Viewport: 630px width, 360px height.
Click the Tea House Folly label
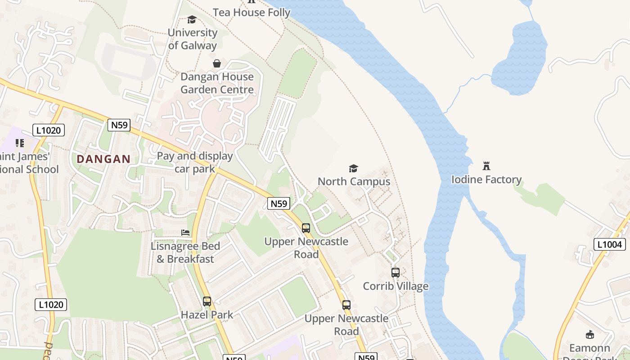pyautogui.click(x=252, y=13)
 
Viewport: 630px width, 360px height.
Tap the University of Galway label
pyautogui.click(x=192, y=39)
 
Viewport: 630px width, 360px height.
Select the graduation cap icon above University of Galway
pyautogui.click(x=192, y=19)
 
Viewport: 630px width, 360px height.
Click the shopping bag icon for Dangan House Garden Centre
pyautogui.click(x=217, y=63)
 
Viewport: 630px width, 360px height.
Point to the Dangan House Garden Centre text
pyautogui.click(x=217, y=83)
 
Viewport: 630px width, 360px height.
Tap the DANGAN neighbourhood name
pyautogui.click(x=103, y=159)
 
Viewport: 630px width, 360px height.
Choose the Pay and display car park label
pyautogui.click(x=194, y=162)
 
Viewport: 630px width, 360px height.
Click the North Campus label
pyautogui.click(x=354, y=181)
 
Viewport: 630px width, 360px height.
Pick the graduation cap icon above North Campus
pyautogui.click(x=354, y=168)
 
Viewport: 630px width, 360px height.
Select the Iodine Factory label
pyautogui.click(x=486, y=180)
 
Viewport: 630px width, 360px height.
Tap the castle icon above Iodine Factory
pyautogui.click(x=486, y=166)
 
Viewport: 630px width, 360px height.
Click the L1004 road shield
pyautogui.click(x=610, y=244)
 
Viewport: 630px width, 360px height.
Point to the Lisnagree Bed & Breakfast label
pyautogui.click(x=185, y=252)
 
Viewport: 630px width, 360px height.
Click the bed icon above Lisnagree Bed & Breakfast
pyautogui.click(x=185, y=233)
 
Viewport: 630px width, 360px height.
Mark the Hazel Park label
pyautogui.click(x=207, y=315)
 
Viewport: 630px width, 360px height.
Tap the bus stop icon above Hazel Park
pyautogui.click(x=207, y=301)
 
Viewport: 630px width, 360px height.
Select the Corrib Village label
pyautogui.click(x=396, y=286)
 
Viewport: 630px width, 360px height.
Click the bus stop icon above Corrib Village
pyautogui.click(x=396, y=273)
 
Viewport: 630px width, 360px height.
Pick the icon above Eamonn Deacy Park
pyautogui.click(x=590, y=334)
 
